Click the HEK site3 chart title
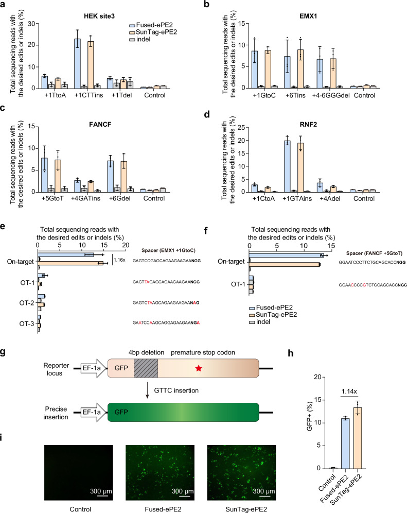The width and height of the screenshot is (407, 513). (x=99, y=16)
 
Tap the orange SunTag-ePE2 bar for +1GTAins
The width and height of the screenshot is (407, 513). (x=300, y=167)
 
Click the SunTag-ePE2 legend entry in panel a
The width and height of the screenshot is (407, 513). (x=153, y=32)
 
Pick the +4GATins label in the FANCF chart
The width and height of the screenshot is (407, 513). (x=85, y=198)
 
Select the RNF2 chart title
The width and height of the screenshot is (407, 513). (x=308, y=124)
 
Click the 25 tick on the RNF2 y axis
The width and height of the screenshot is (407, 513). (x=241, y=127)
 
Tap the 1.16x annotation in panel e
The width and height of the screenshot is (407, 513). (x=119, y=260)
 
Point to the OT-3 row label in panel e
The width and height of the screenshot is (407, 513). (x=26, y=323)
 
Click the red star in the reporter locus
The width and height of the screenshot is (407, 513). (x=199, y=368)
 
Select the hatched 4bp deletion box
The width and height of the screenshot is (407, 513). (x=146, y=368)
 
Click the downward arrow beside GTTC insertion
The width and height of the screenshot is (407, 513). (x=148, y=390)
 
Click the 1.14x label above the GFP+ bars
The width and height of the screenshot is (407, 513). (x=349, y=391)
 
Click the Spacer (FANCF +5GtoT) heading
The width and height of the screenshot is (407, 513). (x=374, y=253)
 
